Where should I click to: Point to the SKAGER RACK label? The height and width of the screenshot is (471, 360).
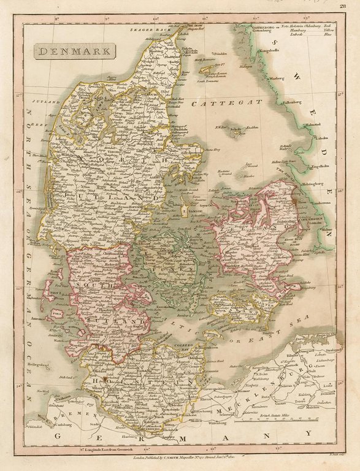click(145, 29)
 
